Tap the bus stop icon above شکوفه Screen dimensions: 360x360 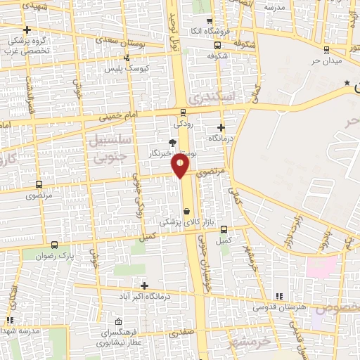point(216,46)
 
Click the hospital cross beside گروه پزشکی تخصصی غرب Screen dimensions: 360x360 point(27,30)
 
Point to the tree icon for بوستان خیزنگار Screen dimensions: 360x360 point(173,143)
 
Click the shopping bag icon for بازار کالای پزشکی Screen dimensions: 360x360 point(186,211)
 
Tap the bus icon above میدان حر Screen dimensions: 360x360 point(326,49)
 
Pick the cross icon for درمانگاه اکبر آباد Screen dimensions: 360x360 point(145,286)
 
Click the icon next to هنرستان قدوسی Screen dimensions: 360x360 point(280,296)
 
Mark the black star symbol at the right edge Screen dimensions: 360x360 point(347,84)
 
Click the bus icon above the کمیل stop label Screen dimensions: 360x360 point(224,229)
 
